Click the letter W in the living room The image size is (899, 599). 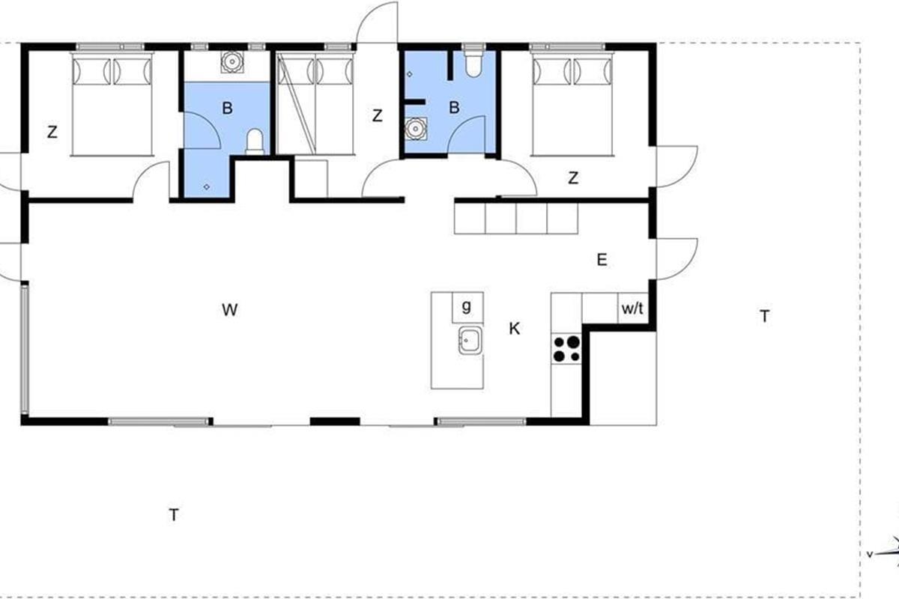coord(229,310)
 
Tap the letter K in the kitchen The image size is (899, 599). coord(514,329)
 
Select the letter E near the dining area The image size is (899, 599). coord(602,260)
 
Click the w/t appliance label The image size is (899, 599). coord(632,308)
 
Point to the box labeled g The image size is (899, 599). coord(467,307)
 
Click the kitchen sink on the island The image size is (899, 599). coord(470,341)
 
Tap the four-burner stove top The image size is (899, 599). coord(566,349)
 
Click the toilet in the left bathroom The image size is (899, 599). coord(255,142)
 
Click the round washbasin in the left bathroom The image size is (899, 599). coord(231,61)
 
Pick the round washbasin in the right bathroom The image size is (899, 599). coord(415,130)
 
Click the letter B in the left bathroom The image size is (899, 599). coord(227,108)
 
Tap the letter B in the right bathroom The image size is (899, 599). coord(454,107)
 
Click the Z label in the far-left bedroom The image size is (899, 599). coord(52,132)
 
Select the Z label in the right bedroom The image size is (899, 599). coord(574,177)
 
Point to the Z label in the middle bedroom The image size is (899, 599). coord(377,116)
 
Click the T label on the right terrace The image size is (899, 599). coord(765,316)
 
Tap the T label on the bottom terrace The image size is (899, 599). coord(174,514)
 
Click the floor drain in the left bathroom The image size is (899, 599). coord(206,187)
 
